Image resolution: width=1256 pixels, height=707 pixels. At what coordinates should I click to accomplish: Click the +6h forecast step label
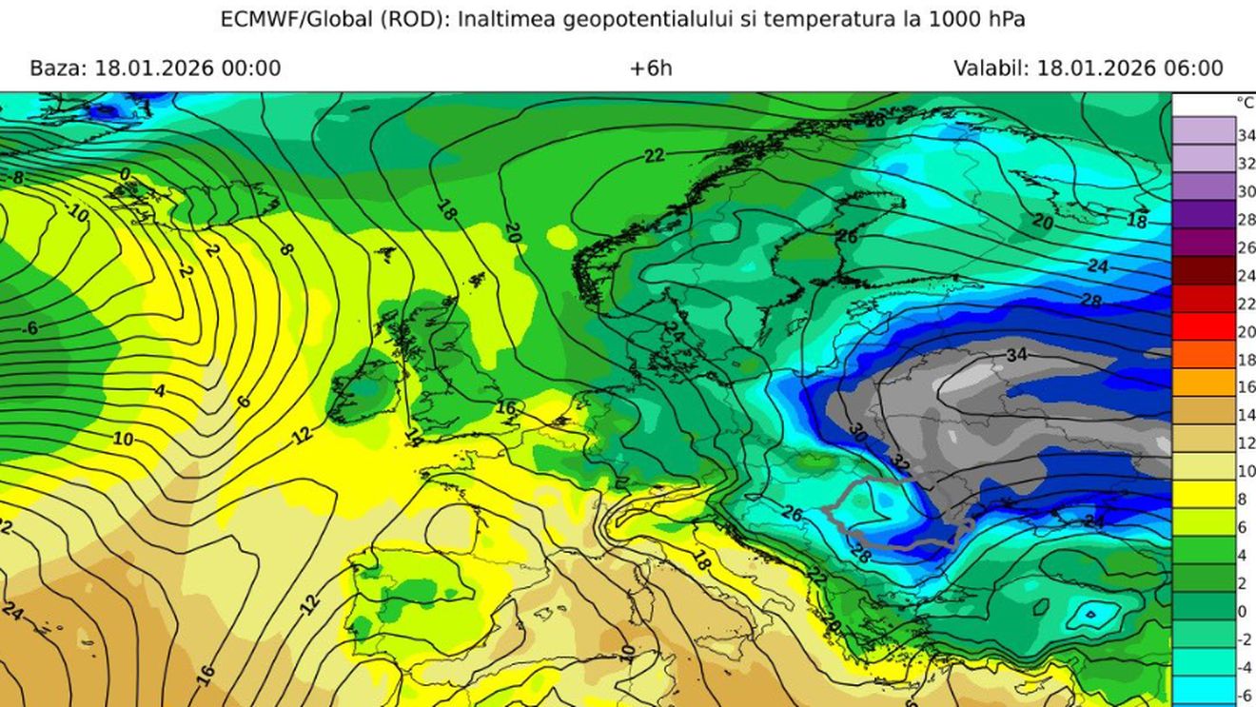click(x=651, y=69)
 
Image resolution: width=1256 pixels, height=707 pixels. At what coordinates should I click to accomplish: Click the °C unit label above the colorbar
click(x=1245, y=103)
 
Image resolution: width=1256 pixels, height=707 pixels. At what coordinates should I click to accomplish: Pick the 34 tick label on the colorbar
click(x=1246, y=136)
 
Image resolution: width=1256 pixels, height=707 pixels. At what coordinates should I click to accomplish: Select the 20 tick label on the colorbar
click(x=1246, y=332)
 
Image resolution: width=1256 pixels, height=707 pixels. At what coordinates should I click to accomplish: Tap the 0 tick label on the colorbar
click(x=1242, y=612)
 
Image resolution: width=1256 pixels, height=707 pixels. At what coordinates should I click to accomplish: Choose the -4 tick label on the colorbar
click(x=1244, y=667)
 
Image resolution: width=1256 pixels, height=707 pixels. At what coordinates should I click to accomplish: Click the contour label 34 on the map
click(x=1017, y=355)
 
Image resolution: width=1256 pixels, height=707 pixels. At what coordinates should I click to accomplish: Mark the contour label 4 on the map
click(x=160, y=391)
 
